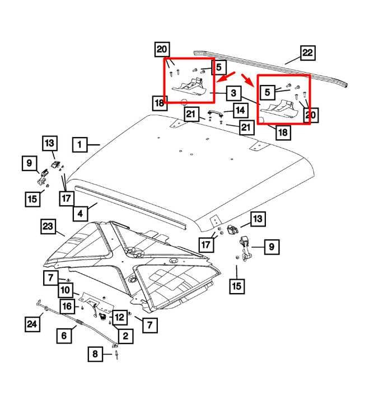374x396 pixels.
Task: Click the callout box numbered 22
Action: [307, 54]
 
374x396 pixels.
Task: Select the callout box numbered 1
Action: [80, 145]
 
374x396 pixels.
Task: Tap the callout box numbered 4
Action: [80, 213]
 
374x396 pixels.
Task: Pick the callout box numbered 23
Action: [48, 227]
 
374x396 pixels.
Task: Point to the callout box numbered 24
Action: [32, 323]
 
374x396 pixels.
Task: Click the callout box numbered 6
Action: [64, 336]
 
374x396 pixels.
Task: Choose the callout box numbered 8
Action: [95, 354]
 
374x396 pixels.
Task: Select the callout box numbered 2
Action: [124, 336]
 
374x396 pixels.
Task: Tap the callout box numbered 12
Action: [119, 317]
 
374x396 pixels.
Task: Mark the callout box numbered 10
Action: [66, 290]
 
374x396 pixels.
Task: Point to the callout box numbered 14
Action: [240, 110]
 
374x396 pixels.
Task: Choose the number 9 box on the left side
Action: [29, 164]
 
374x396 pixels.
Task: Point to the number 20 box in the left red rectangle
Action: [162, 49]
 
